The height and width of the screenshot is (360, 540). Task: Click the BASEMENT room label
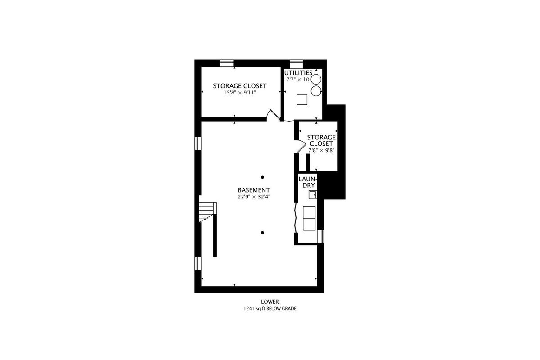coord(254,190)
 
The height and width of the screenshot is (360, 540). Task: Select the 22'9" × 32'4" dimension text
coord(254,197)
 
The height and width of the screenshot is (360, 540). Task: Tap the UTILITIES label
coord(298,73)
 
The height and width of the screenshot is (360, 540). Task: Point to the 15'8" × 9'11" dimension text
coord(239,93)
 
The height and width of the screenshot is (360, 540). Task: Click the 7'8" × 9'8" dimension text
coord(322,150)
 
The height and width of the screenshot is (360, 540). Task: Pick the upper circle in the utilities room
coord(316,79)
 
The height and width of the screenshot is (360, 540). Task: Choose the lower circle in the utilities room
coord(316,91)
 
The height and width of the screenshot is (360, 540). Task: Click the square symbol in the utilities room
coord(302,99)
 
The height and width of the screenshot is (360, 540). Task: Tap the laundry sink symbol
coord(313,194)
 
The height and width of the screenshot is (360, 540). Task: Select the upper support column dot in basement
coord(262,177)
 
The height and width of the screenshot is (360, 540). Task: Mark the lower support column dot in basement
coord(262,233)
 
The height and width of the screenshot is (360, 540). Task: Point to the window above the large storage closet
coord(227,63)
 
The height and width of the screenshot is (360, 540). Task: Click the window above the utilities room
coord(296,64)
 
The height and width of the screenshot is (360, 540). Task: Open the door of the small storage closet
coord(301,147)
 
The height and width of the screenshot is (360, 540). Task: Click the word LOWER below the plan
coord(270,301)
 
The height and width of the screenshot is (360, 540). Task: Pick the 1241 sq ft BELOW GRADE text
coord(270,309)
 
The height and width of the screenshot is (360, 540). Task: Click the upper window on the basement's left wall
coord(198,144)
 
